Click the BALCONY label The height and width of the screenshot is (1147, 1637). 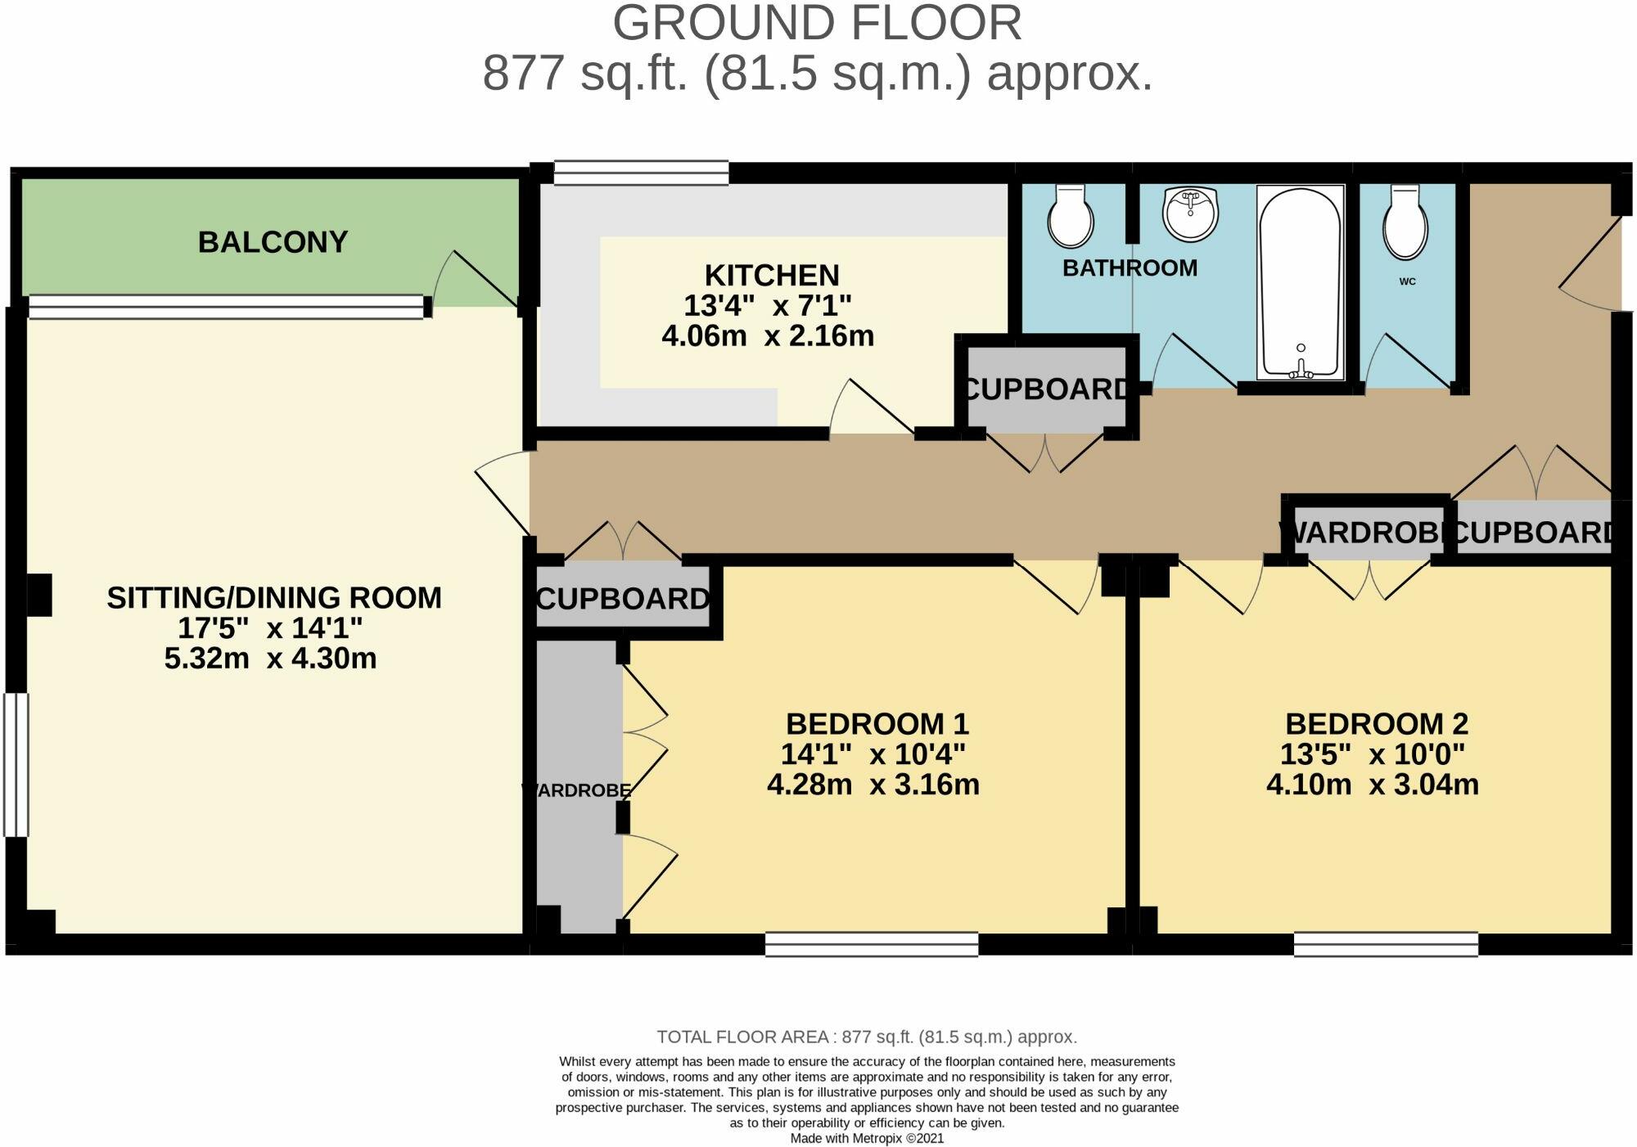coord(273,242)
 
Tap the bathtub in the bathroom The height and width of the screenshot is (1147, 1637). coord(1300,282)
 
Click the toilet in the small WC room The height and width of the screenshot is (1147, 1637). coord(1405,224)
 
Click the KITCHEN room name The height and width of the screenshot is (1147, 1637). coord(772,275)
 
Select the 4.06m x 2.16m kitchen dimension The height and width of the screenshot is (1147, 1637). coord(768,336)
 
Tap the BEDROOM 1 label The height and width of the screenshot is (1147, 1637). coord(877,724)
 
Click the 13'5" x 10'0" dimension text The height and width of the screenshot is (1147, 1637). coord(1372,754)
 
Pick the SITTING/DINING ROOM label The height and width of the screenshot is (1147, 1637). coord(274,598)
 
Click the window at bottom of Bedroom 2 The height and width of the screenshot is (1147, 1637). coord(1386,944)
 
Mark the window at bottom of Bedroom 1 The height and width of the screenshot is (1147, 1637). coord(872,944)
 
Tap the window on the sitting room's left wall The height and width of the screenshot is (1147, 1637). coord(16,765)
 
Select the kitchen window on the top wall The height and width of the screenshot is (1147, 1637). coord(641,173)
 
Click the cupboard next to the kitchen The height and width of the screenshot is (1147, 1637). coord(1045,389)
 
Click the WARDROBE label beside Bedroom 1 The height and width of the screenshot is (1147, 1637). coord(577,791)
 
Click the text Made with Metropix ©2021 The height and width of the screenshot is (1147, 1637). coord(867,1138)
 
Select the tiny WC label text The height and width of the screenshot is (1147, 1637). coord(1407,281)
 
